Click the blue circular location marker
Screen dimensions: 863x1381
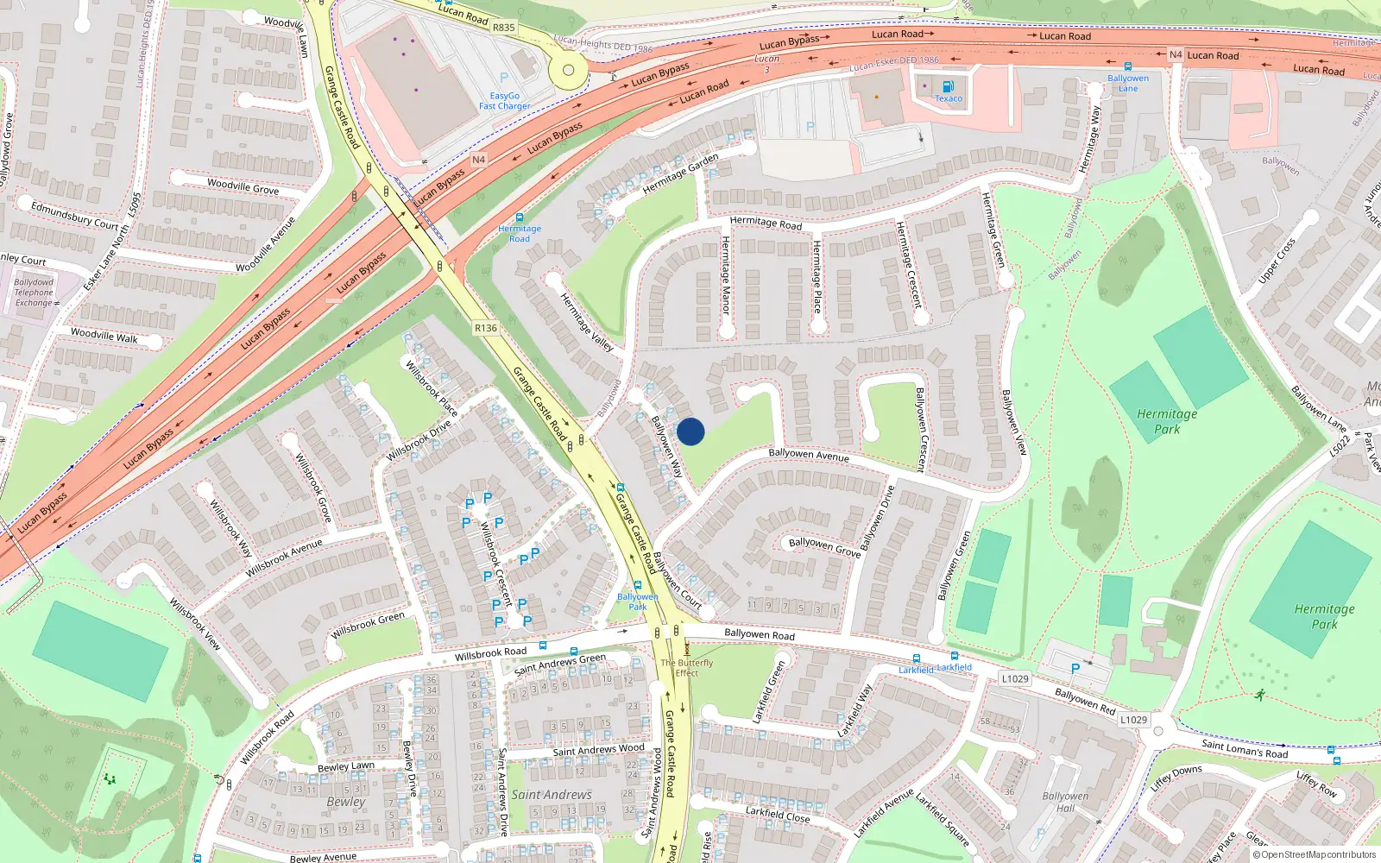click(x=690, y=431)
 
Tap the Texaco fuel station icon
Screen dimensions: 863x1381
click(x=948, y=86)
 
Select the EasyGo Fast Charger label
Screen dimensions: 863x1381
click(x=505, y=101)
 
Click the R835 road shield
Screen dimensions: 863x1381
click(x=504, y=28)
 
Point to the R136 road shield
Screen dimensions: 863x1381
click(x=486, y=328)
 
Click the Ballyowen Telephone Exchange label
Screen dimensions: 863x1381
click(x=34, y=293)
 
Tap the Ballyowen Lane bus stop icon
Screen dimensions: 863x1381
click(x=1128, y=66)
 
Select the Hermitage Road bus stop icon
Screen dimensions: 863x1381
click(x=520, y=217)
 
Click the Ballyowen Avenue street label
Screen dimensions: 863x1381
click(x=809, y=454)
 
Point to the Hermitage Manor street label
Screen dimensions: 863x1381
click(x=725, y=274)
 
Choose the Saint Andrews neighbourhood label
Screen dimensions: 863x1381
click(x=552, y=794)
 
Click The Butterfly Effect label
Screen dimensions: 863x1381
click(x=687, y=668)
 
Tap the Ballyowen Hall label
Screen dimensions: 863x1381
click(x=1065, y=802)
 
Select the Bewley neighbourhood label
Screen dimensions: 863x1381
click(x=346, y=802)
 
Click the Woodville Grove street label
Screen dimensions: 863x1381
click(x=243, y=186)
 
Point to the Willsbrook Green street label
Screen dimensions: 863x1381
click(x=368, y=625)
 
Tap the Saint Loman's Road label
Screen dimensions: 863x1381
click(x=1245, y=748)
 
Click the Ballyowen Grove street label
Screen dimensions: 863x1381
click(x=824, y=546)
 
